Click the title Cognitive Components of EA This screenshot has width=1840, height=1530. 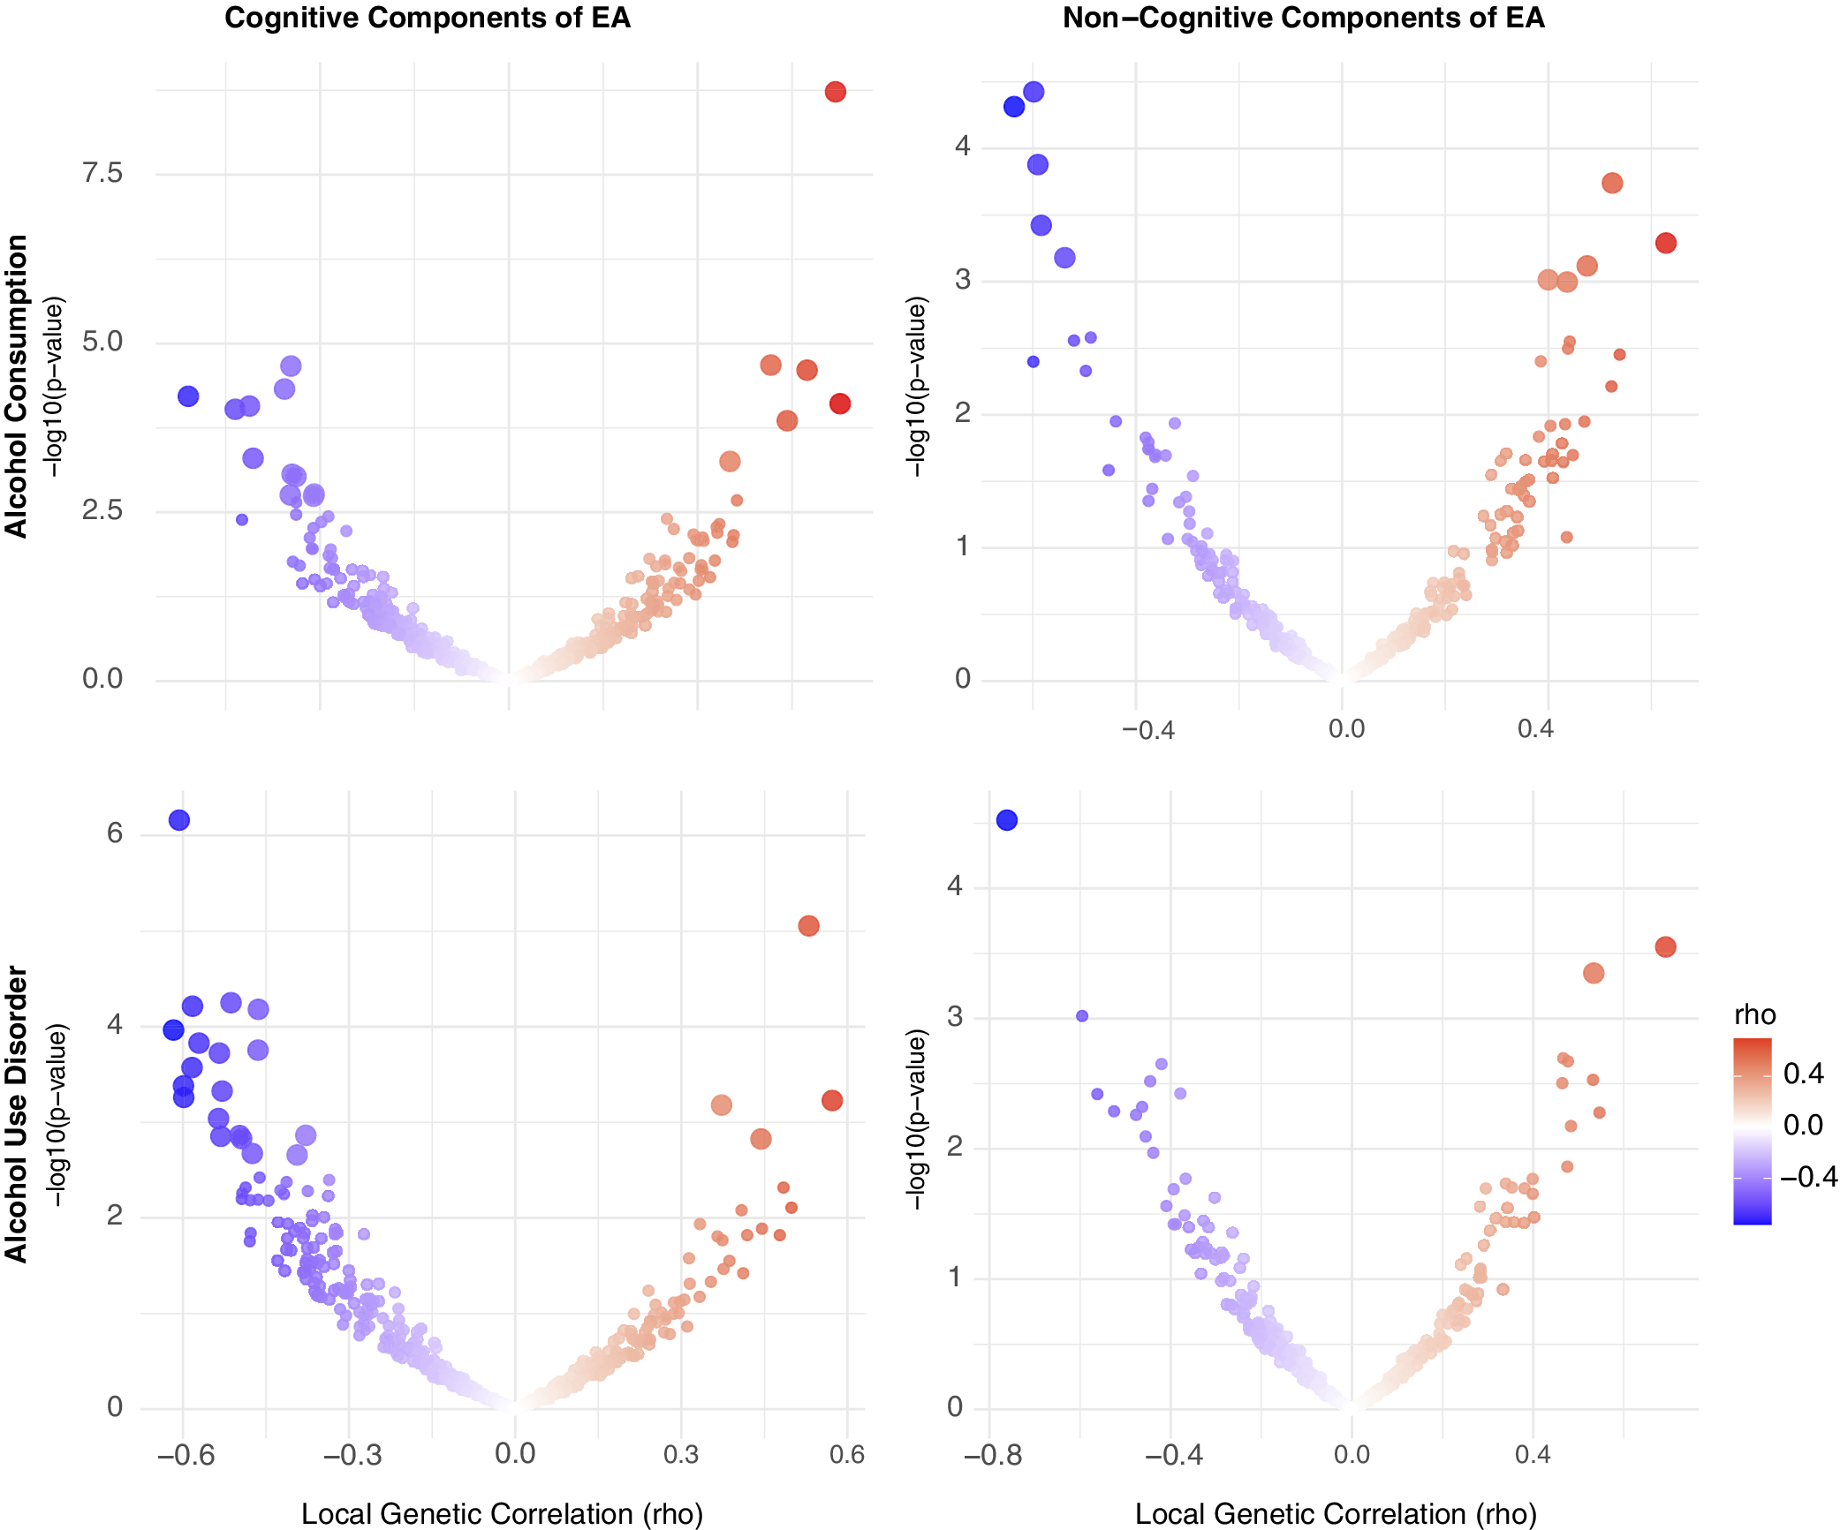coord(428,19)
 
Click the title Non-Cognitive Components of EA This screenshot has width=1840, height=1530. coord(1303,19)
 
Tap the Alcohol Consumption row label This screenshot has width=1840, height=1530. coord(17,386)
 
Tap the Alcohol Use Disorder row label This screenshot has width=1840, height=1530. coord(17,1114)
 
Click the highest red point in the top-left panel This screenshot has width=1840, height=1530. coord(835,92)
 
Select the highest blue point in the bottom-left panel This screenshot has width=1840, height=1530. coord(178,820)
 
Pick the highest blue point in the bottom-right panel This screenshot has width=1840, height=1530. coord(1006,820)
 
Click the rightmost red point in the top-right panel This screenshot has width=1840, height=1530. coord(1665,243)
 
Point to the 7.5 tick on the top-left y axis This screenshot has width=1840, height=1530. coord(102,173)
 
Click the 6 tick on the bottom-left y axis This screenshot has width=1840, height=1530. coord(115,833)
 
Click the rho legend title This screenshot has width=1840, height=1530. coord(1754,1014)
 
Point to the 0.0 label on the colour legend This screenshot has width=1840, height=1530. coord(1803,1125)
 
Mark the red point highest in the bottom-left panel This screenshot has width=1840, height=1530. coord(808,925)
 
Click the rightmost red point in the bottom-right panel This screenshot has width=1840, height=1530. coord(1665,946)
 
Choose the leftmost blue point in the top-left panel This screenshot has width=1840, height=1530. coord(188,396)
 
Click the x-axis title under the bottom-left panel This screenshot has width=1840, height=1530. coord(502,1513)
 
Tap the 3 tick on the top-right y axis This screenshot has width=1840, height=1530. coord(962,280)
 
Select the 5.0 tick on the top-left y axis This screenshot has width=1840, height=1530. coord(102,342)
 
